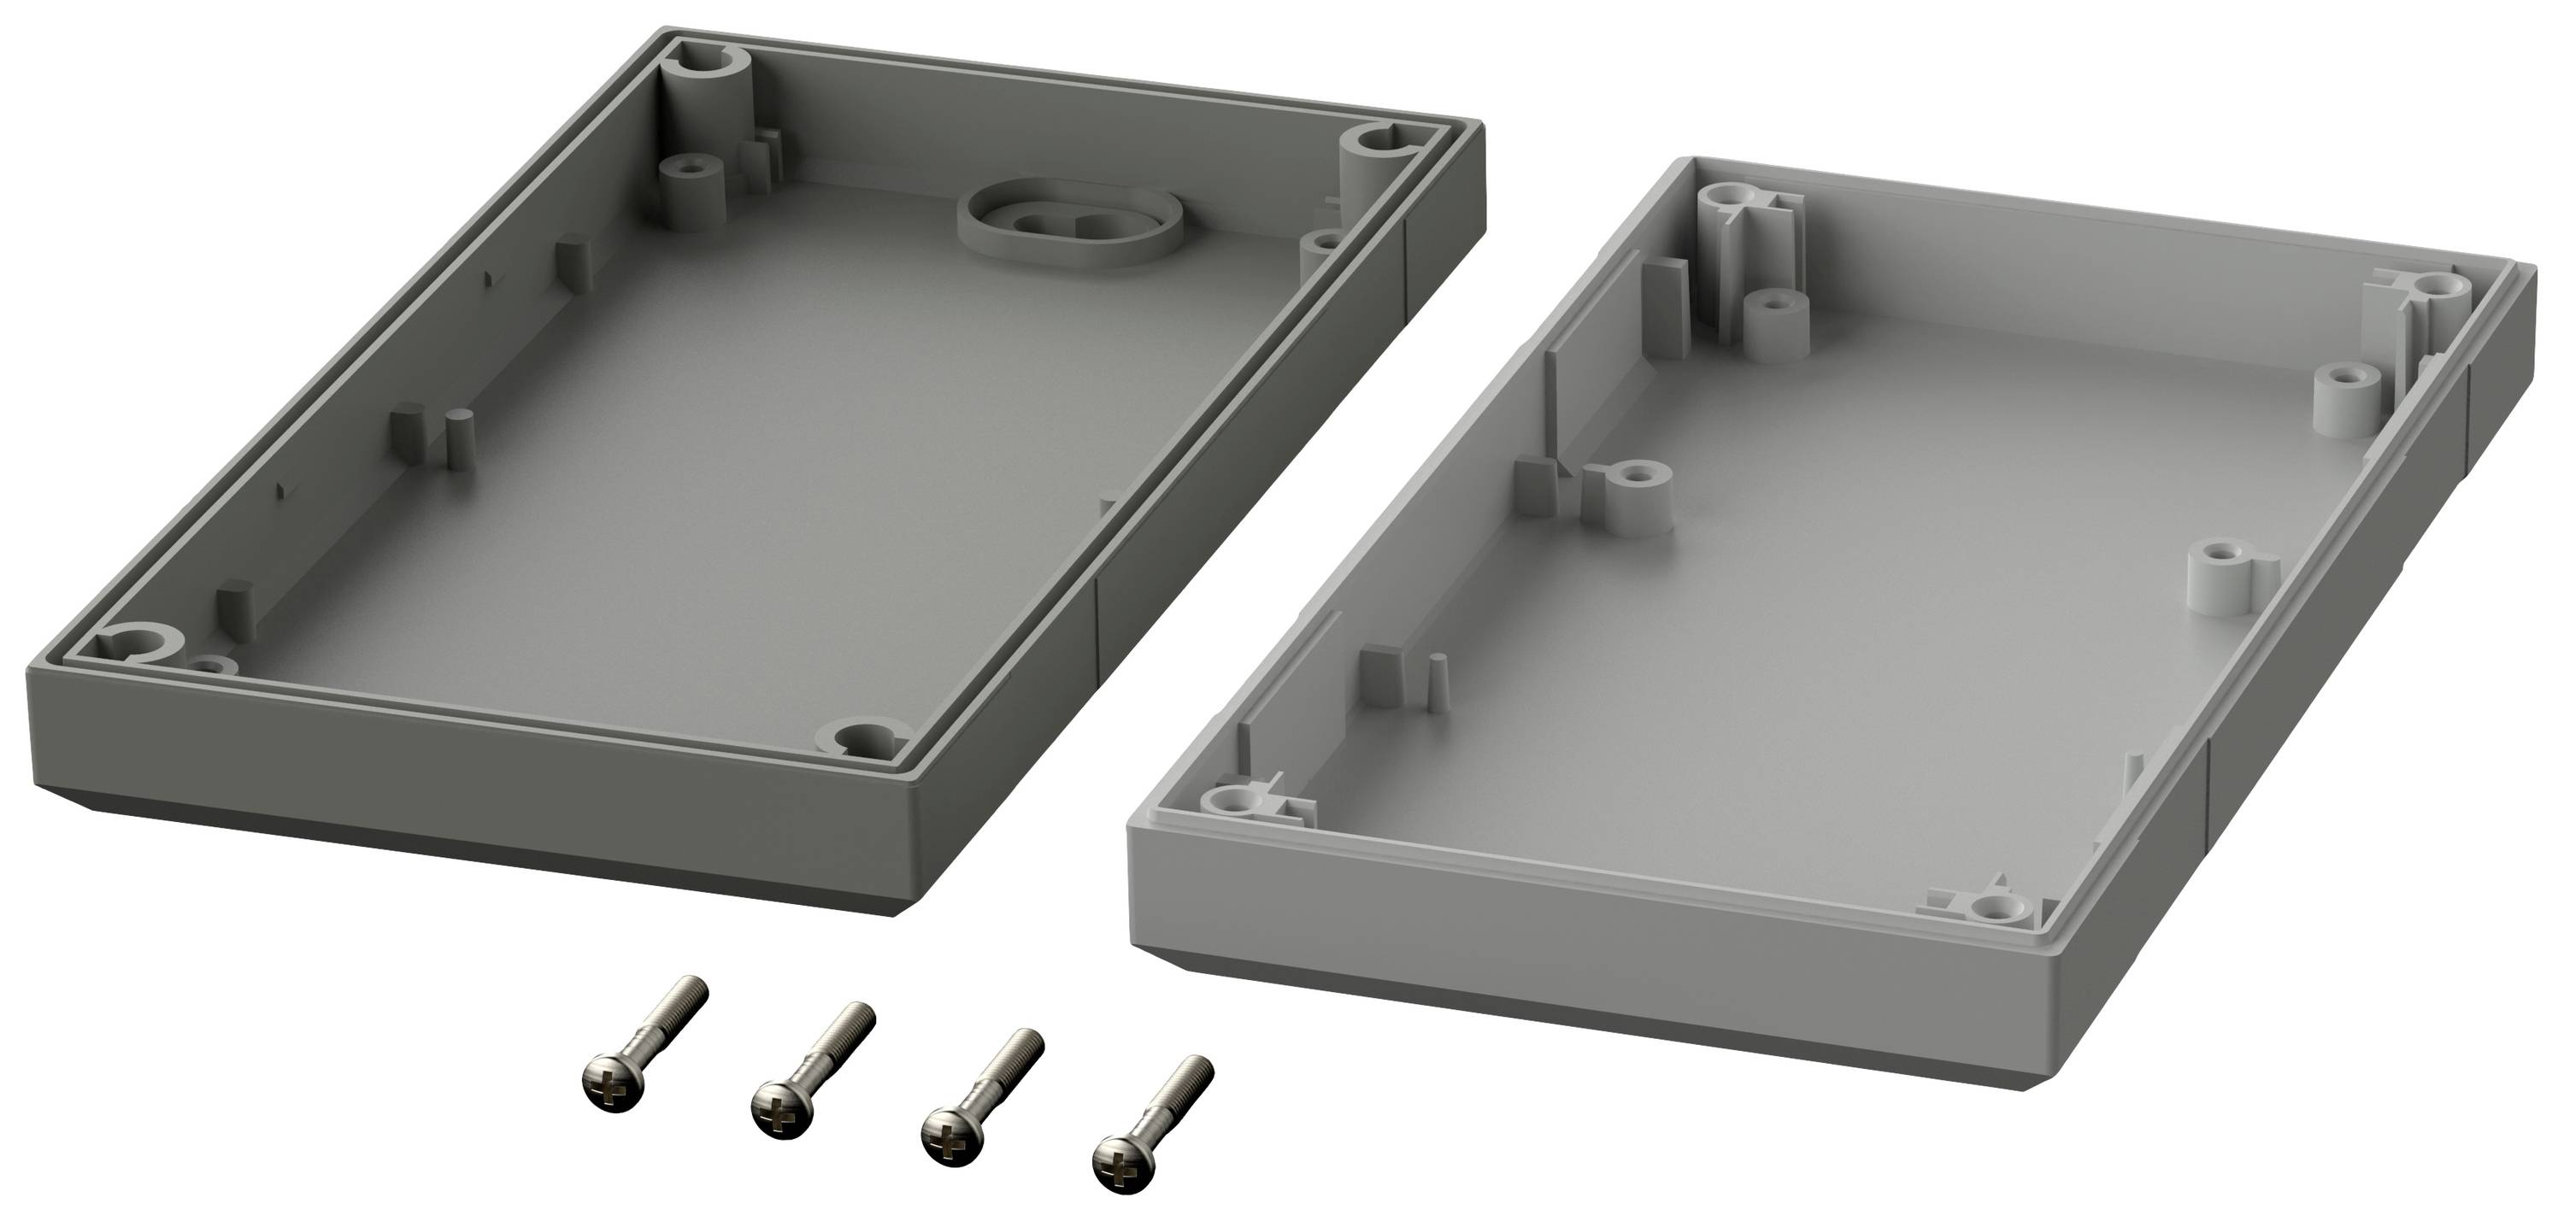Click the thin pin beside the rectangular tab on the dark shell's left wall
[x=459, y=437]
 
